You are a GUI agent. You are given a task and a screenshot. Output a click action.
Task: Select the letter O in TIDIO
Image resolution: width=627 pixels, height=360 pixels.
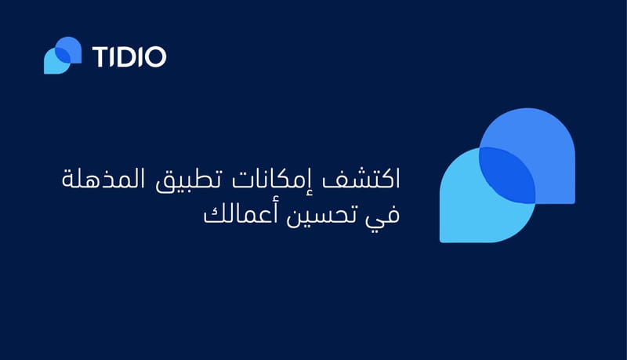155,56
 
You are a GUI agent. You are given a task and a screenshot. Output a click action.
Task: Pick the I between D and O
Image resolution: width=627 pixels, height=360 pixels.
140,56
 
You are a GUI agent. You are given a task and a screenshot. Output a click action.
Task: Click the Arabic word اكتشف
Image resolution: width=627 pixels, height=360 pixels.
361,178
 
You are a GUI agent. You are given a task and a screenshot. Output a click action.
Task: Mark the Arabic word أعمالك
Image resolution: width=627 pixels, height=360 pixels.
240,214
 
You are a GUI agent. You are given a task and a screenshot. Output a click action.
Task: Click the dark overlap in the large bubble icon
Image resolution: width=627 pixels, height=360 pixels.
507,175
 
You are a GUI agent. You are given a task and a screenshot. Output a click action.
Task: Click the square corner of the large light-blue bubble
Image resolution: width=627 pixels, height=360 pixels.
440,242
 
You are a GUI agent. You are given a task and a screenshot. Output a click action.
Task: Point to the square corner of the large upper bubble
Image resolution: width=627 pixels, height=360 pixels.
574,203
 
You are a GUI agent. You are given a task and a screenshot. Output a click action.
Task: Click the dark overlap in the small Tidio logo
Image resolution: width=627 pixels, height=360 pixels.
63,56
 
